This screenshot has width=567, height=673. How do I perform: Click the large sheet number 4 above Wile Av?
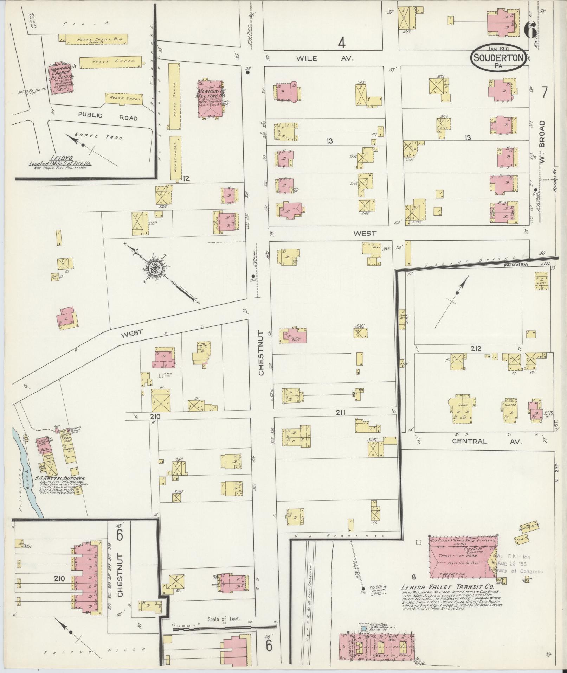(341, 43)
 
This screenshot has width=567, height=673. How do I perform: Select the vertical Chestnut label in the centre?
(260, 353)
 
